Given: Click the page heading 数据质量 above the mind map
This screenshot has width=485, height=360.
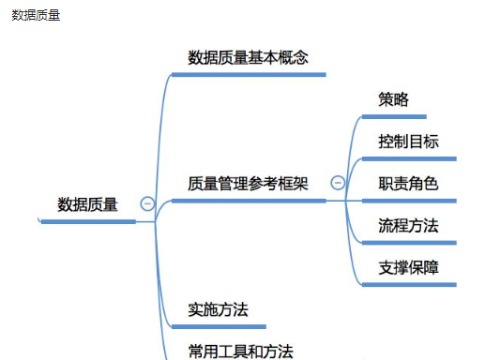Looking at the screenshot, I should point(36,15).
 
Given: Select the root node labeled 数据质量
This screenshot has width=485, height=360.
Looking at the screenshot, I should point(88,204).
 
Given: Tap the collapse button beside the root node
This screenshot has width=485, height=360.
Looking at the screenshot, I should point(147,202).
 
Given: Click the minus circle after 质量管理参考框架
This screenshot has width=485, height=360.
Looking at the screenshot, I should point(338,183).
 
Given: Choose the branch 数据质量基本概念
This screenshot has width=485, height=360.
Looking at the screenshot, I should point(249,57).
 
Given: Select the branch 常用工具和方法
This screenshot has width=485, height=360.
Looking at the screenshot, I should point(240,351).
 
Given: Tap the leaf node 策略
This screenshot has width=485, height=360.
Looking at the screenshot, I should point(393,99).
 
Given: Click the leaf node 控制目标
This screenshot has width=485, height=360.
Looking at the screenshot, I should point(408,142).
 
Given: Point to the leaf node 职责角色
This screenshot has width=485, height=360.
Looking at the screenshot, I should point(408,184).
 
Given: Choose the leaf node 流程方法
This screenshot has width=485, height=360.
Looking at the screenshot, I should point(408,225).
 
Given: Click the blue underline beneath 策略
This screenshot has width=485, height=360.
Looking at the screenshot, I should point(394,117).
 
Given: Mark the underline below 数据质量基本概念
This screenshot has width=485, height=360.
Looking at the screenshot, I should point(249,74).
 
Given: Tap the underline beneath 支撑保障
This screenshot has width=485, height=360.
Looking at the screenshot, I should point(409,284).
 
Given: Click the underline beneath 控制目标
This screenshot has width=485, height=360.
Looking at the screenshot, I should point(409,158).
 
